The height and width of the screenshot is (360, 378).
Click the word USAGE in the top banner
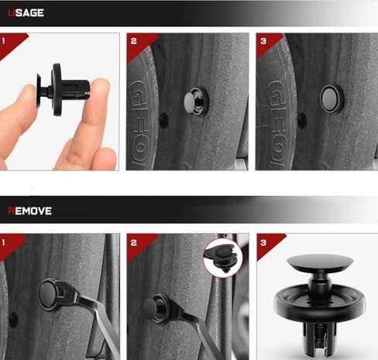point(26,12)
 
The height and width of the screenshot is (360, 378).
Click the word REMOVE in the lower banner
point(29,211)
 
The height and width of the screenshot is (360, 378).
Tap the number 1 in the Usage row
point(3,41)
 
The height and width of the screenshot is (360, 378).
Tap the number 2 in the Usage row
point(133,41)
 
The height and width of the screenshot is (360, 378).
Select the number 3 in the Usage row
point(263,41)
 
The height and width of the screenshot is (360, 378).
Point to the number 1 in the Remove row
point(3,242)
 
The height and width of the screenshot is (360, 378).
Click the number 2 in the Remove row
point(133,242)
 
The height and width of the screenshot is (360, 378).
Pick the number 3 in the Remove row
point(263,242)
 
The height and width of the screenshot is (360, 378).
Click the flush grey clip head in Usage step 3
point(330,99)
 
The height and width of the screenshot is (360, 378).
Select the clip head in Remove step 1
point(49,293)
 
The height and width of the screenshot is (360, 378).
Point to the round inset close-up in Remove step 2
point(222,258)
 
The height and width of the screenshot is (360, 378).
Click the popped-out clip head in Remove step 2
point(150,307)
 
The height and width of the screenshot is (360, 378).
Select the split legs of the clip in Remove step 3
point(319,338)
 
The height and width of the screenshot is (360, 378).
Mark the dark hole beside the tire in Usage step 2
point(163,120)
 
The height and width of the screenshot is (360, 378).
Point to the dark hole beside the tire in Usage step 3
point(302,120)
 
